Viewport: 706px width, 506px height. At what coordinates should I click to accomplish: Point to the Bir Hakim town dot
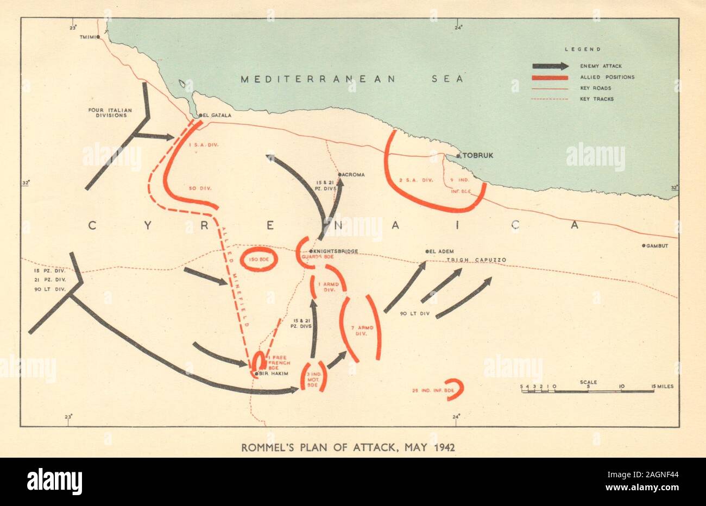click(256, 374)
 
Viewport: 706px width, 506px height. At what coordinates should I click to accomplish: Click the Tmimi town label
click(86, 37)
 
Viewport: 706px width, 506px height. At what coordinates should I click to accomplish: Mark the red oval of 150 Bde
click(259, 260)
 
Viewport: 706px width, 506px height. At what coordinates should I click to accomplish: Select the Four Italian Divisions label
click(109, 112)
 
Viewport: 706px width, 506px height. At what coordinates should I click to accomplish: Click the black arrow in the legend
click(550, 66)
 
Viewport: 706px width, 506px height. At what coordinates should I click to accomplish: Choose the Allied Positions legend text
click(607, 77)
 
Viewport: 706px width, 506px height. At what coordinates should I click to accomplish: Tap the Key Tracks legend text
click(596, 99)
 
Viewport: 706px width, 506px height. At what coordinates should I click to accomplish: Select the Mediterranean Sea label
click(352, 79)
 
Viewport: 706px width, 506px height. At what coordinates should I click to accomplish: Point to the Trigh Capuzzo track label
click(476, 261)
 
